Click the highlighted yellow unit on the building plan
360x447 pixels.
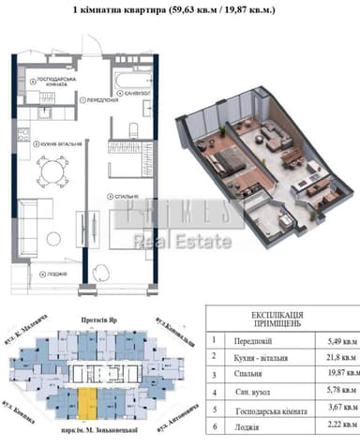tap(85, 405)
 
